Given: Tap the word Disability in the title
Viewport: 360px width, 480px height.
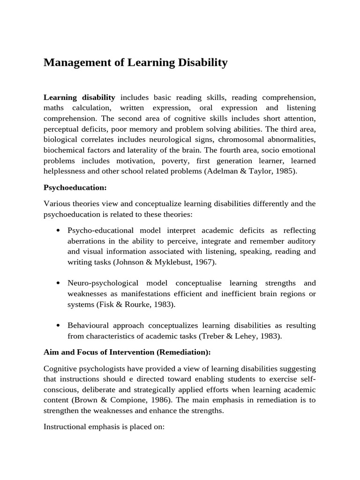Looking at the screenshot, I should [x=203, y=63].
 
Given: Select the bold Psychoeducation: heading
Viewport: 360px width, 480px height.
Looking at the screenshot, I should [x=75, y=187].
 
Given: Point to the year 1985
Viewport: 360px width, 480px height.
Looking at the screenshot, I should [x=286, y=171].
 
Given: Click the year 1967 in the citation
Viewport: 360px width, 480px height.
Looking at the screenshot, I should [x=205, y=262].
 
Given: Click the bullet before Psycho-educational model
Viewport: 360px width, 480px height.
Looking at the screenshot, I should [x=58, y=231].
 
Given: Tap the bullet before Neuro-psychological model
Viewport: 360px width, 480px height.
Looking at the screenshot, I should [x=58, y=284].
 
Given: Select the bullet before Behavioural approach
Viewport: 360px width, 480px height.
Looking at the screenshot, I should [x=58, y=326].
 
